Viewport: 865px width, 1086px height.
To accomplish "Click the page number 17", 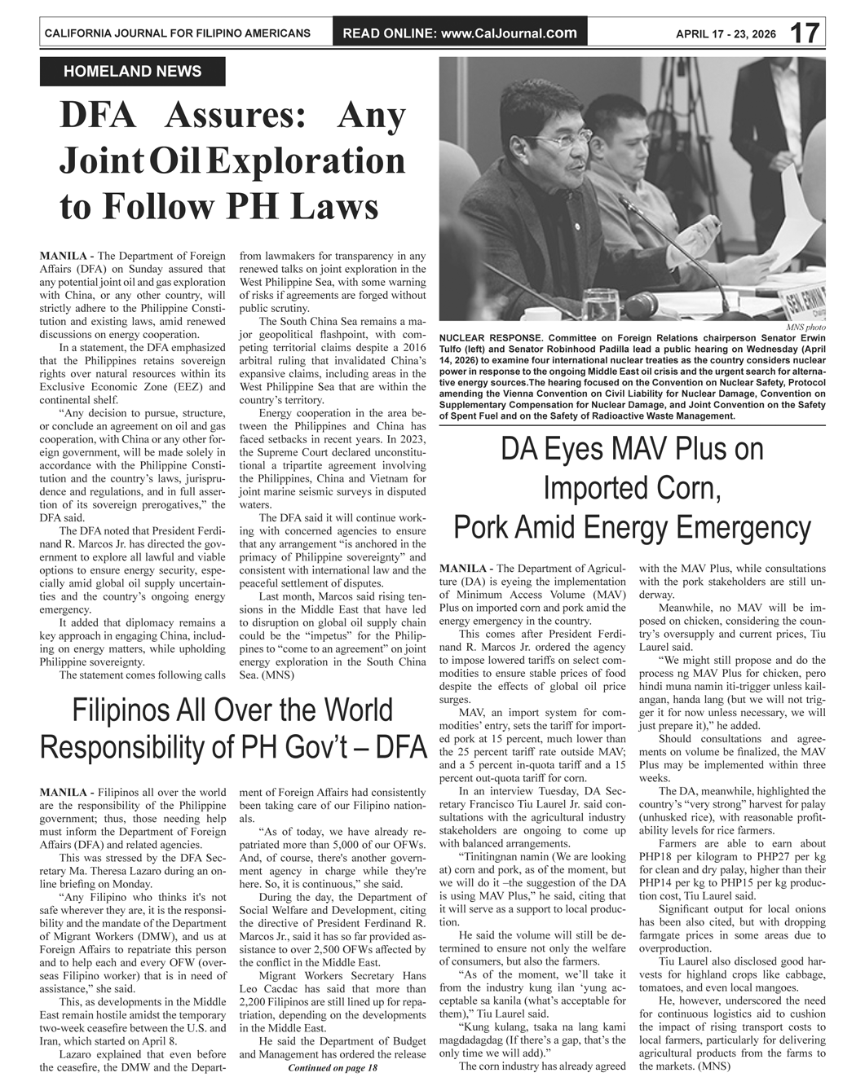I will click(x=805, y=33).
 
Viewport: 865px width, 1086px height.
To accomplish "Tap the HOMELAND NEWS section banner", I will click(x=132, y=72).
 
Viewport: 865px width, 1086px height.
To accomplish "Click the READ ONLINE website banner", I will click(x=460, y=33).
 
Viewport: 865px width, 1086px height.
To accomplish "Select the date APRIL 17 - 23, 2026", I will click(x=726, y=34).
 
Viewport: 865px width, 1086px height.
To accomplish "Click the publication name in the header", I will click(x=177, y=33).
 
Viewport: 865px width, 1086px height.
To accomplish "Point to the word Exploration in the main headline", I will click(x=306, y=160).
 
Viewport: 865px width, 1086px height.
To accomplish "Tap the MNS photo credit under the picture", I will click(x=805, y=328).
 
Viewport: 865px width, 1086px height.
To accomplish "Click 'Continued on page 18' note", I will click(x=333, y=1067).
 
